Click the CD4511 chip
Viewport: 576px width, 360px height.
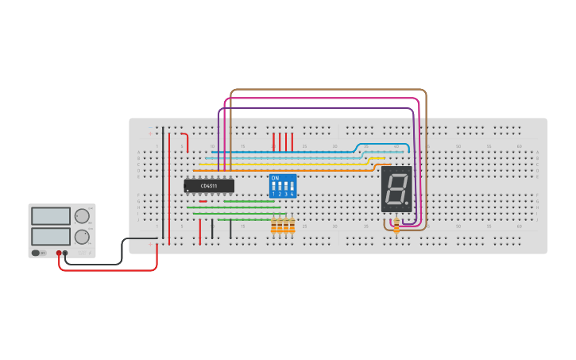tap(209, 186)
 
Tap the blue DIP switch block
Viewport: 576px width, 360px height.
tap(283, 186)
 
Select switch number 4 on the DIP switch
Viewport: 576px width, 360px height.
tap(292, 188)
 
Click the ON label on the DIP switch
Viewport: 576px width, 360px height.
tap(275, 178)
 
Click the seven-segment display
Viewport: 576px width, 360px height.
tap(396, 188)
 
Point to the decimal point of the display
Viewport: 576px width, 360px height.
tap(407, 203)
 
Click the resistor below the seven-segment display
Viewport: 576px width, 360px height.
tap(396, 226)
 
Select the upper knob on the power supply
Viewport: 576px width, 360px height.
tap(82, 216)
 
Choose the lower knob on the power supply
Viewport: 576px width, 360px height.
tap(82, 237)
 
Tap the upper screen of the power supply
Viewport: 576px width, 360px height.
tap(51, 216)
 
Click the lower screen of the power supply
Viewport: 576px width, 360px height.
tap(51, 236)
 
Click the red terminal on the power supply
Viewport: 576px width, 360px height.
tap(59, 253)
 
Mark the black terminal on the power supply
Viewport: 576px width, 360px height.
tap(65, 253)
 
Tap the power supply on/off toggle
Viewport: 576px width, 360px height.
tap(36, 253)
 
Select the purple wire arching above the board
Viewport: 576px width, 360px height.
tap(318, 109)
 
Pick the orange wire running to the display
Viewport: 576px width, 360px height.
tap(294, 170)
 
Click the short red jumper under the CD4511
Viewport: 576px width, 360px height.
tap(203, 201)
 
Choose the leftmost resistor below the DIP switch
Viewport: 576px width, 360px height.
tap(273, 226)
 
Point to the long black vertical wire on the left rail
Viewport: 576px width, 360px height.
tap(163, 183)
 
